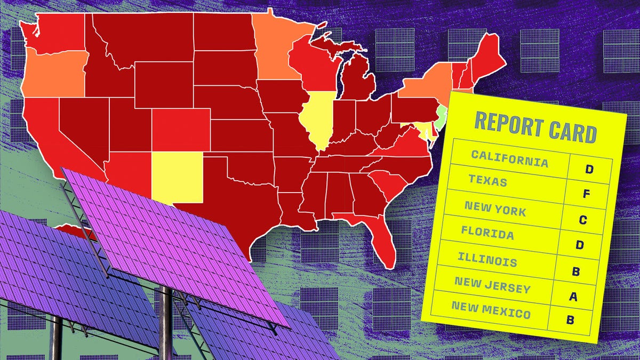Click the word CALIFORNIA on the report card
[509, 158]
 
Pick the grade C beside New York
[583, 220]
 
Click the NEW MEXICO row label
[491, 310]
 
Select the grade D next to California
[589, 170]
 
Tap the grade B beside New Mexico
[570, 321]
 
